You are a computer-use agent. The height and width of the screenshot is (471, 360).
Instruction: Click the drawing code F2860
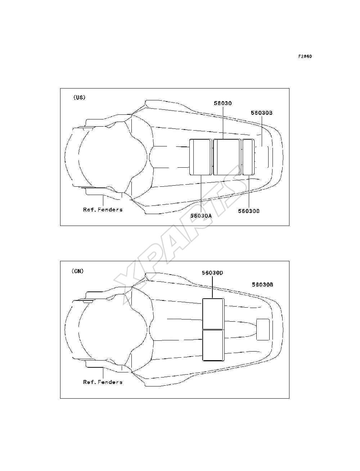305,56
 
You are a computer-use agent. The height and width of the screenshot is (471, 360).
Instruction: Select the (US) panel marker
80,98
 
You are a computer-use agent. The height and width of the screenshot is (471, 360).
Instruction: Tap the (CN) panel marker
77,271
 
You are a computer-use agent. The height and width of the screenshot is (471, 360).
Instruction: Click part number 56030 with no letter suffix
223,103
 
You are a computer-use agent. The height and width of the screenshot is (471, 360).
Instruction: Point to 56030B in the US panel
262,113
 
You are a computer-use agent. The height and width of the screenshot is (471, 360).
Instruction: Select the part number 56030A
201,216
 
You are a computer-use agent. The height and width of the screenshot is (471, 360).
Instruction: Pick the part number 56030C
249,211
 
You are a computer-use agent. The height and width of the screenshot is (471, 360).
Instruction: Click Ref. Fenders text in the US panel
103,209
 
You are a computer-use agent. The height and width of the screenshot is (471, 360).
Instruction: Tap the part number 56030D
212,273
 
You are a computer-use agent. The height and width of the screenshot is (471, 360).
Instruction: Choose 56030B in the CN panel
262,285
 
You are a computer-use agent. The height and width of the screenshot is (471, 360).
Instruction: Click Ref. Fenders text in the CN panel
103,382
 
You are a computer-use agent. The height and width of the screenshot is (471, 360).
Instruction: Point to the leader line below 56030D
212,287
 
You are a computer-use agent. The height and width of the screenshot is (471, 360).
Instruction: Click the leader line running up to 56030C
249,191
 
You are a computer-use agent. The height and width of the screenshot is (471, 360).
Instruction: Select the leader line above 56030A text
201,194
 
